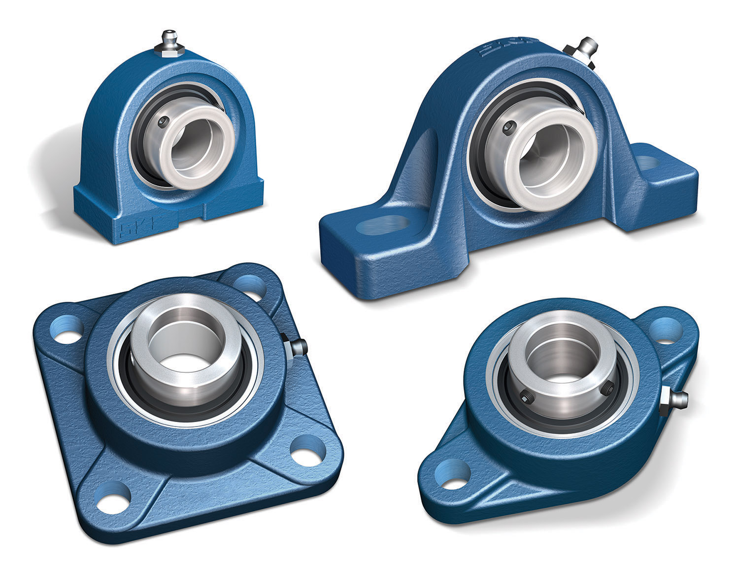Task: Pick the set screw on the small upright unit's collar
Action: pyautogui.click(x=164, y=120)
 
